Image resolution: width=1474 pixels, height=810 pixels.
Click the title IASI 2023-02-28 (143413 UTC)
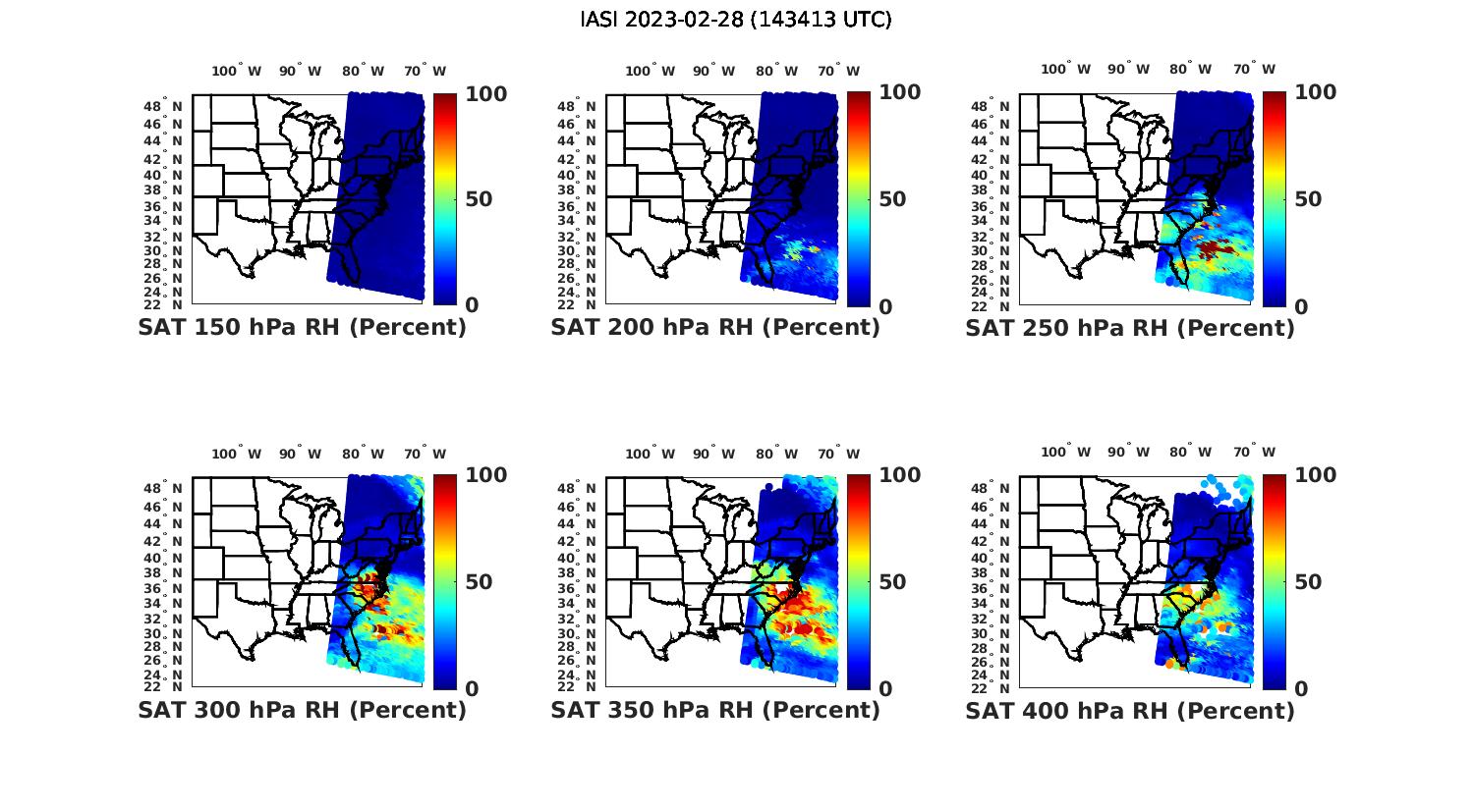[736, 19]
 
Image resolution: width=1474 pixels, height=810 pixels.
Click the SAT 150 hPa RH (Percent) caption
[302, 328]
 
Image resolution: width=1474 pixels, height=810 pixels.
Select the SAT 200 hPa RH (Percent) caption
[715, 328]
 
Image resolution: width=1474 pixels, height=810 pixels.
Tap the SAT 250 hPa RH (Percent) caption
[1130, 328]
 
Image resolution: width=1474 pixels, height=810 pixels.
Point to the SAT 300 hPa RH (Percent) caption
[302, 710]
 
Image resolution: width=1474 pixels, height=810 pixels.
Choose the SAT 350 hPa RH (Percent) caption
[715, 710]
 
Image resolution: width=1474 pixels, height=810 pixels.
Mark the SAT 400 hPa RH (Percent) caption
[1130, 710]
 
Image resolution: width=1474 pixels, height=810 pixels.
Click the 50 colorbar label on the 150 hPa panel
[479, 199]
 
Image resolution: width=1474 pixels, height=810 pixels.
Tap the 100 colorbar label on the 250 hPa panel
[1316, 92]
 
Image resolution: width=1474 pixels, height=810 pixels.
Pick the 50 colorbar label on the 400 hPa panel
[1308, 582]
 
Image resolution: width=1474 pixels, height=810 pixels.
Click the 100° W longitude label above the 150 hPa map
[236, 71]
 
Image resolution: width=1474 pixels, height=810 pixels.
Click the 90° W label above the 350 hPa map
[713, 454]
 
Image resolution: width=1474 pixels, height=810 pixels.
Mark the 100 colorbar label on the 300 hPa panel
[486, 475]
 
